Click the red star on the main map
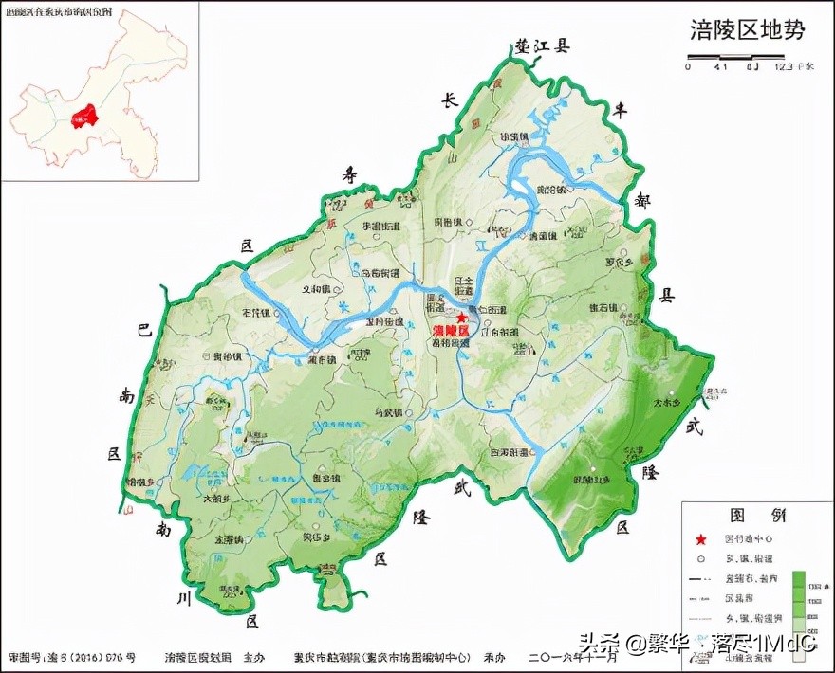point(462,318)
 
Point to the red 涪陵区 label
point(451,332)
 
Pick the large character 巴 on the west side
point(144,331)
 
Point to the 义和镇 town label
point(315,289)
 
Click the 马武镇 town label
point(388,412)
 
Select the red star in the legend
point(701,539)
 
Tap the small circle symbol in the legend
point(701,559)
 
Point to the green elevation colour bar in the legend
point(799,597)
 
